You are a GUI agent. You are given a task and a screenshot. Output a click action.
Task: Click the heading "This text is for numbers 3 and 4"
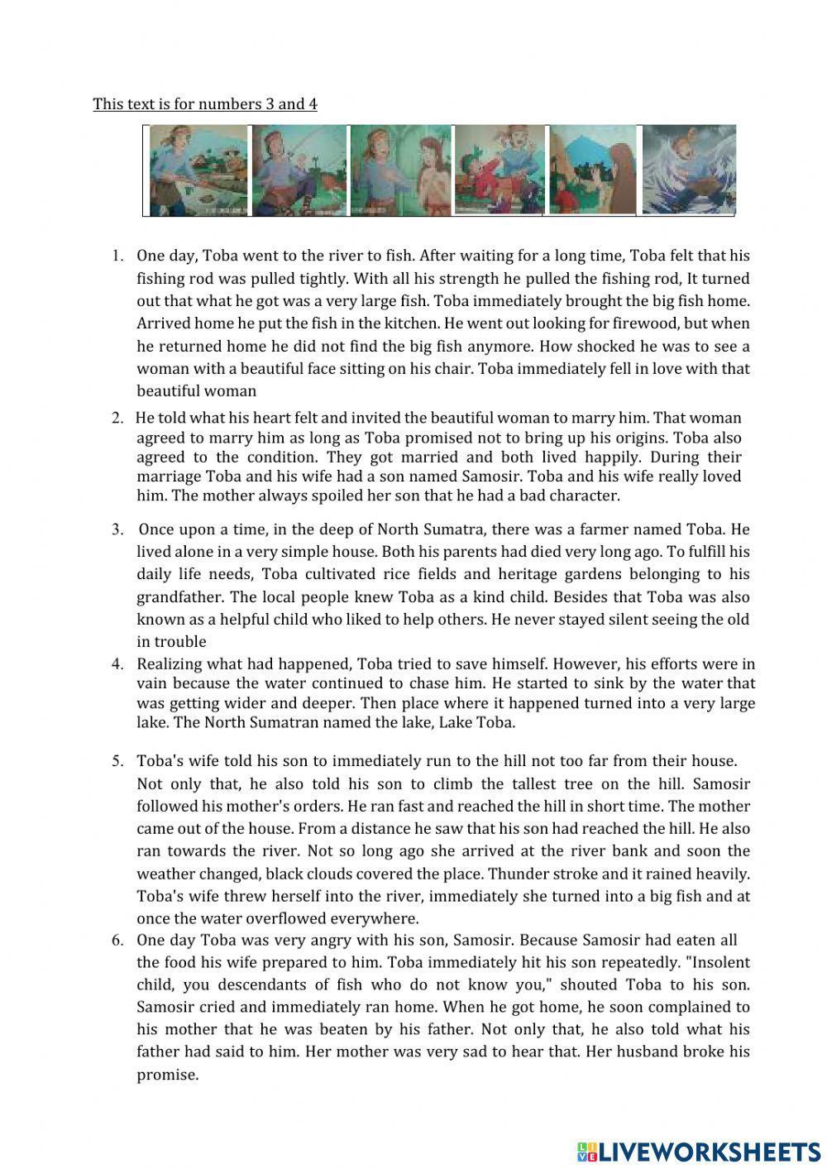tap(204, 104)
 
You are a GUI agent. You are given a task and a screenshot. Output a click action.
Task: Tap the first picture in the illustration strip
tap(198, 170)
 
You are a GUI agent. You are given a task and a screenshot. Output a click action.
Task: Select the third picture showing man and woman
tap(400, 170)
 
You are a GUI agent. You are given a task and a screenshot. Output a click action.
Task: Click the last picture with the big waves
tap(688, 170)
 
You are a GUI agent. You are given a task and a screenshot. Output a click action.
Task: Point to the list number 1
tap(117, 256)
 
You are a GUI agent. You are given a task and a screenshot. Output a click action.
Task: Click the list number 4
tap(117, 664)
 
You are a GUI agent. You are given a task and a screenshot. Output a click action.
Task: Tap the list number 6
tap(117, 940)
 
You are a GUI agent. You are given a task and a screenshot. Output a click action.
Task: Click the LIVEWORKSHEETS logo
tap(698, 1151)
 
